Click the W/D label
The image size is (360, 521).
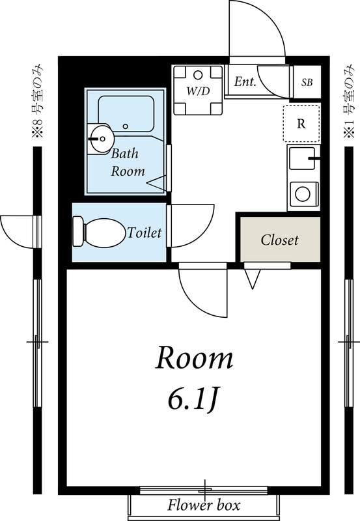click(x=199, y=91)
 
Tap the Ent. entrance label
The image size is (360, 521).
click(x=245, y=81)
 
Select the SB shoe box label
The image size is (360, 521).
click(x=307, y=83)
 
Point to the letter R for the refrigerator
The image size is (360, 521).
click(x=301, y=124)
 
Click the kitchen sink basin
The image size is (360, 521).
click(x=301, y=158)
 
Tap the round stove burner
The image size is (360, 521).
click(x=303, y=193)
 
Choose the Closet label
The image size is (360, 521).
click(x=279, y=240)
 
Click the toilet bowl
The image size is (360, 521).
click(x=104, y=232)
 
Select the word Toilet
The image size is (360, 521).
click(x=145, y=232)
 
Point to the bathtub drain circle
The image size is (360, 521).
click(x=125, y=126)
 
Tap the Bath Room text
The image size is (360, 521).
click(x=128, y=162)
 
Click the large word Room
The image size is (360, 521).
click(x=194, y=358)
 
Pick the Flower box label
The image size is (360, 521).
click(x=203, y=505)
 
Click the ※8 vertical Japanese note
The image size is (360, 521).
click(x=38, y=101)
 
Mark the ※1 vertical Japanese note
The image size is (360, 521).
click(x=349, y=101)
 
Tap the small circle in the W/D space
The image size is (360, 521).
click(x=198, y=75)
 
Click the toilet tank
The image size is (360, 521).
click(x=78, y=232)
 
